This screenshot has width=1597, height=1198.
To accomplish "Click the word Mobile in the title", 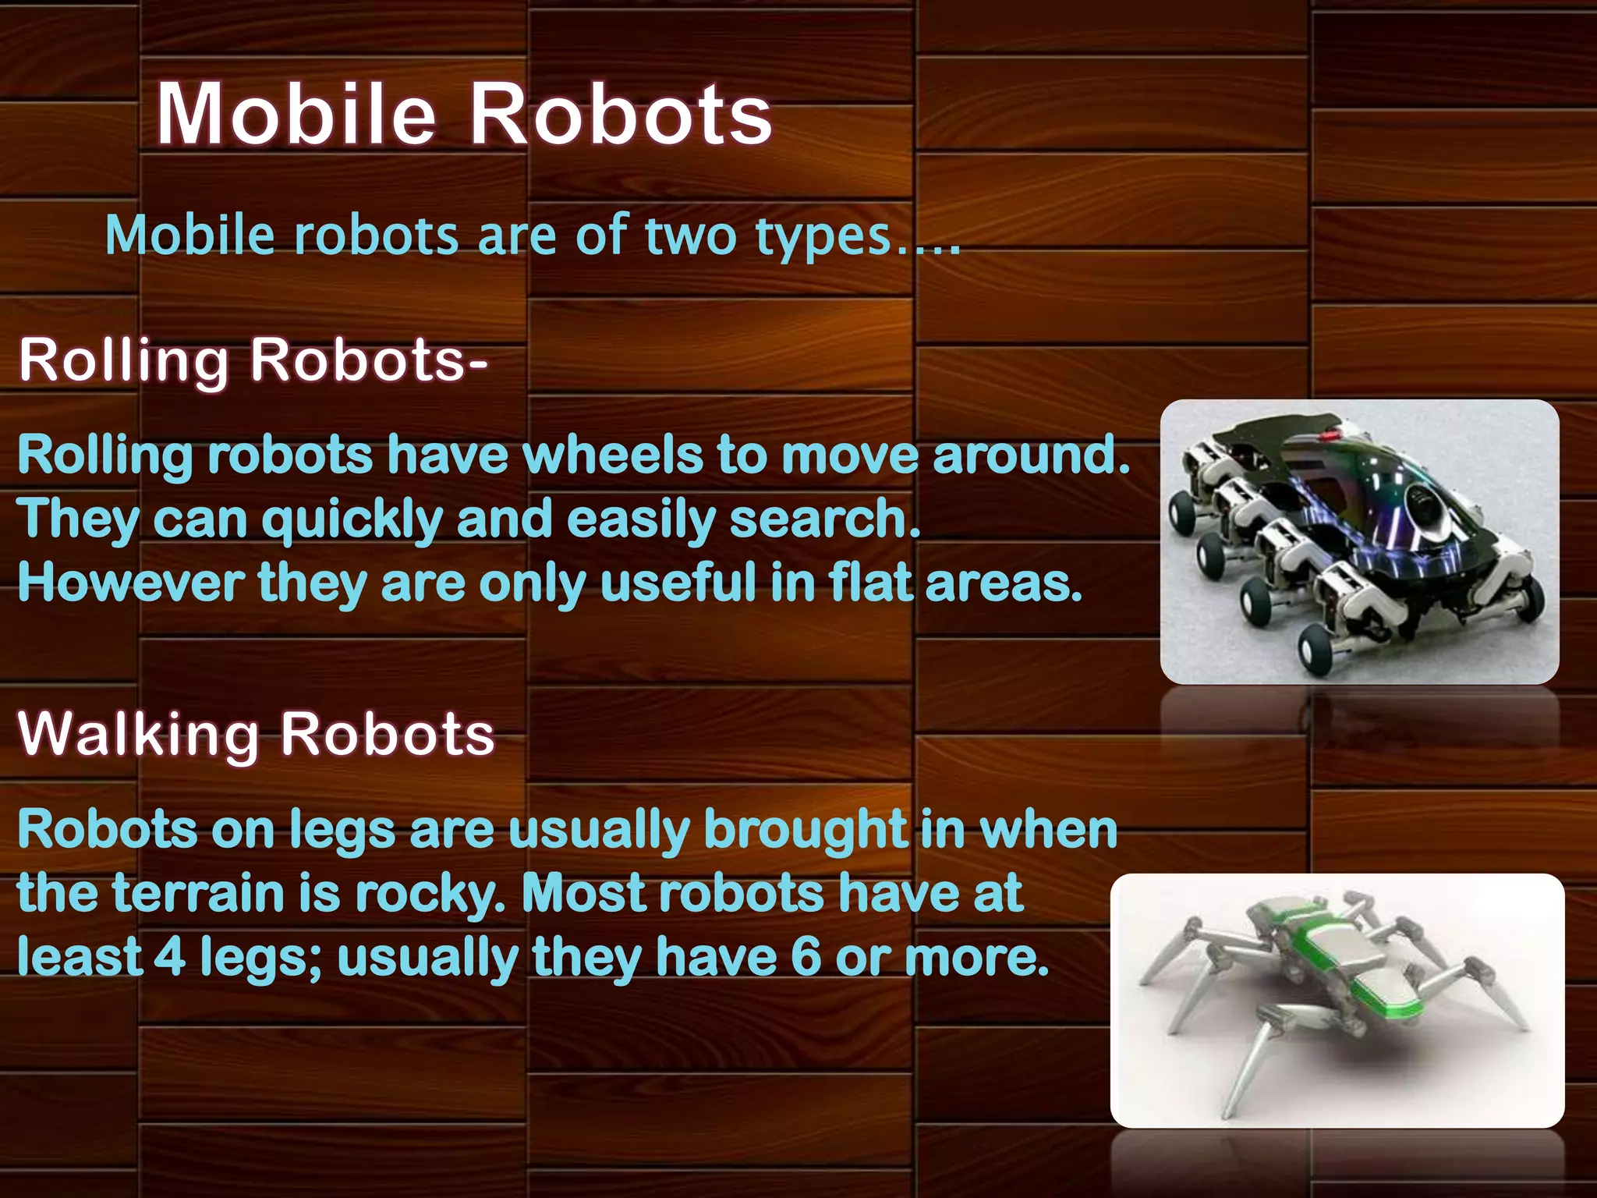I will (x=295, y=115).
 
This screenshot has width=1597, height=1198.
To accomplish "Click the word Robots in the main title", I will (x=620, y=115).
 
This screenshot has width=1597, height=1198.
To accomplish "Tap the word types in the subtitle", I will (x=823, y=236).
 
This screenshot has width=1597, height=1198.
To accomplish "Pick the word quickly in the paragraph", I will (x=352, y=521).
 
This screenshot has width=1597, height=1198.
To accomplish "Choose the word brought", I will (x=805, y=830).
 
